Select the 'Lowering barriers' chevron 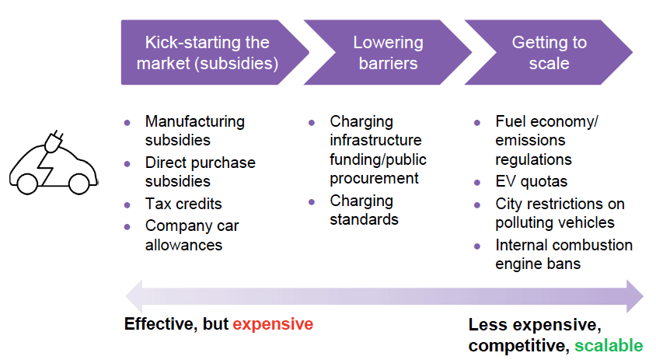pyautogui.click(x=389, y=52)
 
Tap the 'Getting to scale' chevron pyautogui.click(x=549, y=52)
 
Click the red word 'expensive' pyautogui.click(x=273, y=324)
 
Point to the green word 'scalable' pyautogui.click(x=609, y=346)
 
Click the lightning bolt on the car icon pyautogui.click(x=45, y=166)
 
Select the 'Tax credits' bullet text pyautogui.click(x=183, y=204)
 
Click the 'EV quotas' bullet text pyautogui.click(x=532, y=182)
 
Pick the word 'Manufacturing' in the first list pyautogui.click(x=195, y=121)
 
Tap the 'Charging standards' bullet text pyautogui.click(x=364, y=210)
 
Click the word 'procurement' pyautogui.click(x=374, y=178)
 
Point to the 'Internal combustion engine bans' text pyautogui.click(x=564, y=254)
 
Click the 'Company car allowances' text pyautogui.click(x=192, y=236)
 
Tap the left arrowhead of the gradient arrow pyautogui.click(x=134, y=296)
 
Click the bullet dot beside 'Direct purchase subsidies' pyautogui.click(x=127, y=164)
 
